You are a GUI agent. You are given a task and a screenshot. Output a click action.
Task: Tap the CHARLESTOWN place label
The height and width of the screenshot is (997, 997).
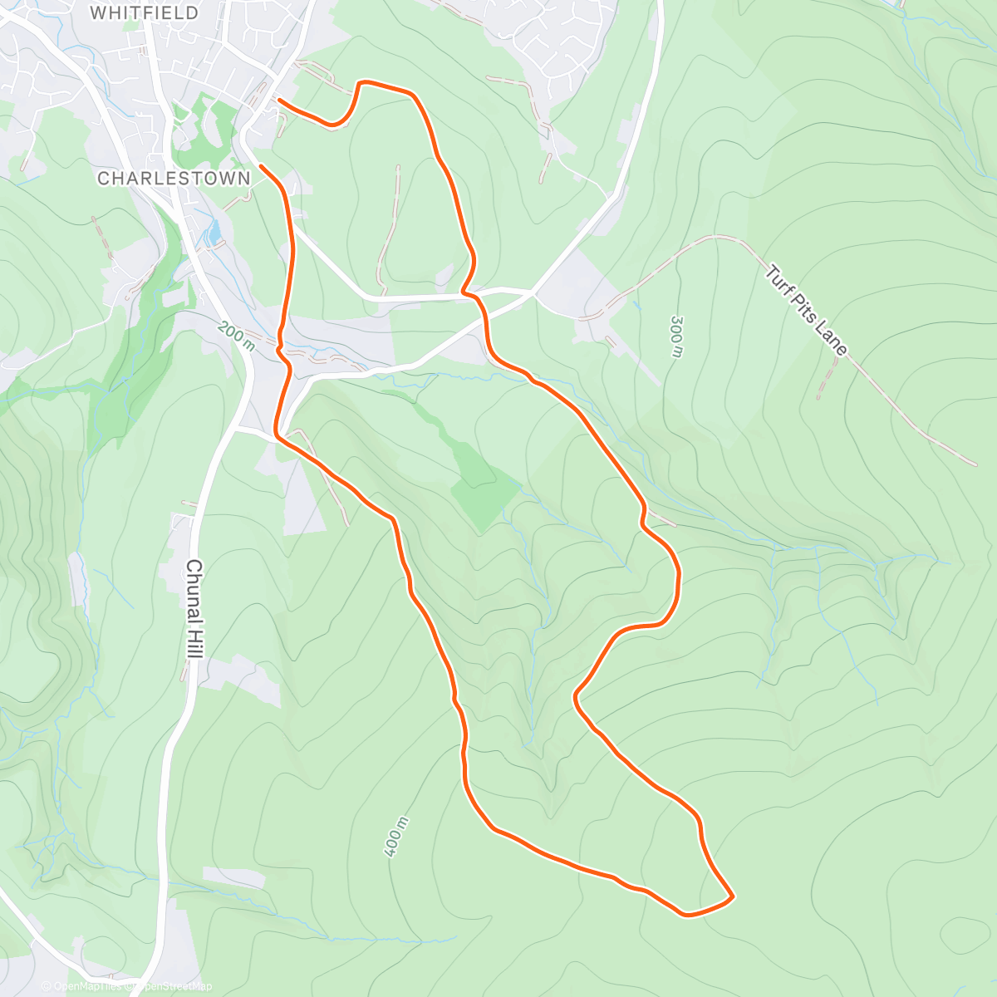click(174, 179)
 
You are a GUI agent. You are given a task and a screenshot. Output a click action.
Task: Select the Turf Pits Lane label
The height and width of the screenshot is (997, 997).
click(806, 310)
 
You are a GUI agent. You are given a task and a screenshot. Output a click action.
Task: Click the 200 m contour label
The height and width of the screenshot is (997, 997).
click(236, 336)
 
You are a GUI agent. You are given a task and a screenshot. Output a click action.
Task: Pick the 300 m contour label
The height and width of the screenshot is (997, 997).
click(676, 336)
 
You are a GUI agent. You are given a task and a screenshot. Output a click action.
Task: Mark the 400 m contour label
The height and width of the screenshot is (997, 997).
click(397, 837)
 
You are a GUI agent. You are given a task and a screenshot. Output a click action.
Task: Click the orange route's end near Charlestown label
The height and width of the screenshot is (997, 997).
click(262, 166)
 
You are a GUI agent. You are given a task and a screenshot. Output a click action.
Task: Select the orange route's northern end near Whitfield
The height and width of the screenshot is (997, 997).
click(278, 100)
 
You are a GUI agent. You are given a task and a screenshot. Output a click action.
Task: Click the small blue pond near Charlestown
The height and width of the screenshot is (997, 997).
click(214, 232)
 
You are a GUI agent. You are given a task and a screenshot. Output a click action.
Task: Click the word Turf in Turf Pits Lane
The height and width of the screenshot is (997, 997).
click(776, 278)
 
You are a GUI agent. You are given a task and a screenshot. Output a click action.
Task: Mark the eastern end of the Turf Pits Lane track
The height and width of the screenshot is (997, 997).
click(975, 464)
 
